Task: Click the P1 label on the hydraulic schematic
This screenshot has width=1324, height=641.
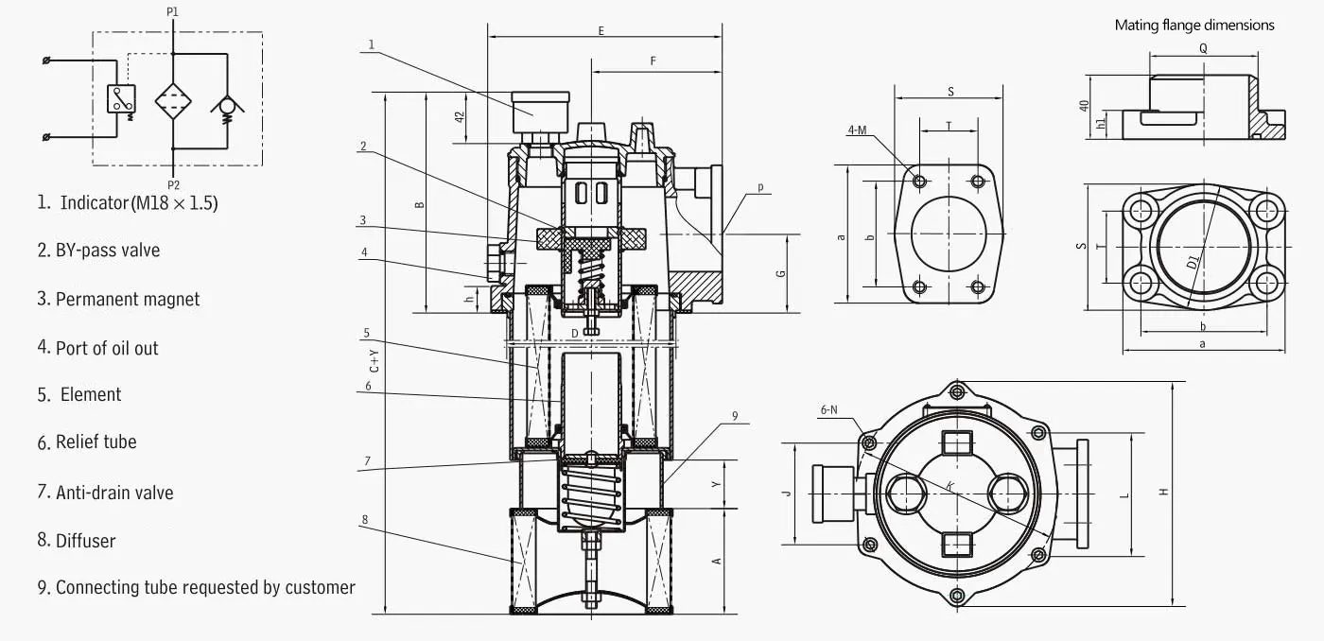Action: click(x=172, y=11)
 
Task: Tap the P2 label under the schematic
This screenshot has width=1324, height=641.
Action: click(x=173, y=185)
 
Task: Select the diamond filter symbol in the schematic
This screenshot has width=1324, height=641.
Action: click(x=173, y=101)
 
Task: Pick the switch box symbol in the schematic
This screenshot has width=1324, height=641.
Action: click(x=121, y=99)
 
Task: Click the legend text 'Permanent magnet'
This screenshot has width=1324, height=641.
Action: click(x=128, y=299)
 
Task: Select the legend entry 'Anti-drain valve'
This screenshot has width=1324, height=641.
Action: click(x=114, y=493)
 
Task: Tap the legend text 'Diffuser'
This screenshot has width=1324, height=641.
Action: click(x=86, y=541)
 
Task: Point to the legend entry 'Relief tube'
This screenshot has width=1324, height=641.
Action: click(x=96, y=442)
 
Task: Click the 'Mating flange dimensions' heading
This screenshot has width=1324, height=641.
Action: click(x=1193, y=26)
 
